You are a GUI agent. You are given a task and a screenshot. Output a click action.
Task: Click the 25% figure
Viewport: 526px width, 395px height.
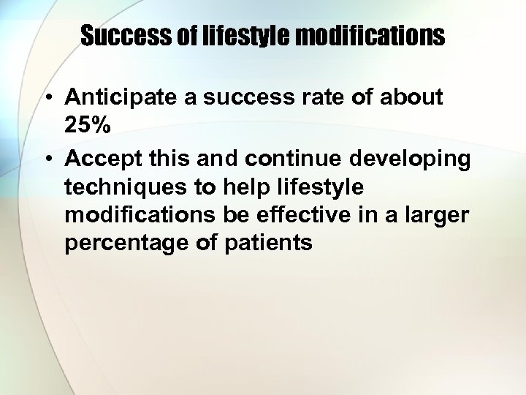88,127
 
